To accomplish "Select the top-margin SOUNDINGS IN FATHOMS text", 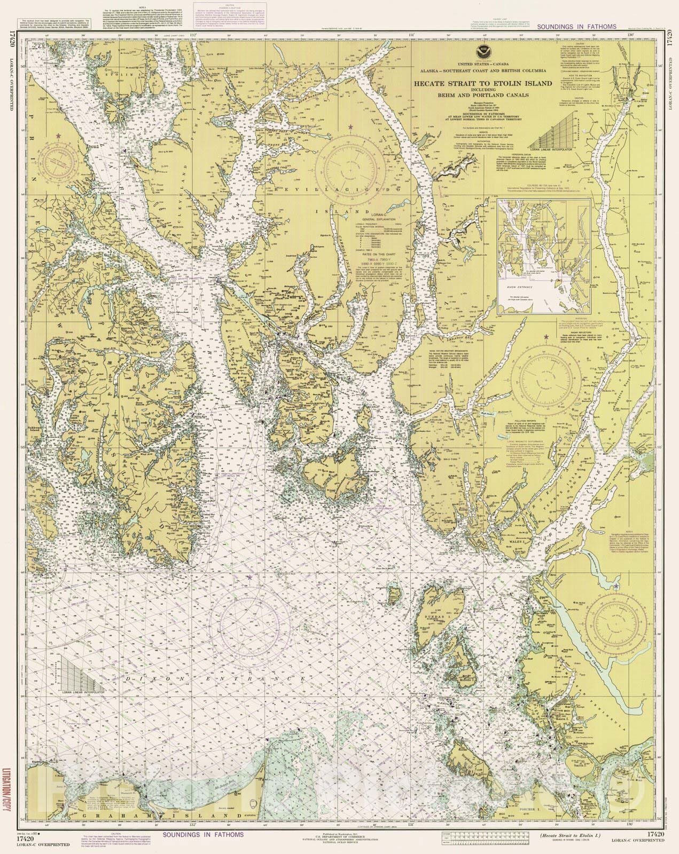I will point(576,26).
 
